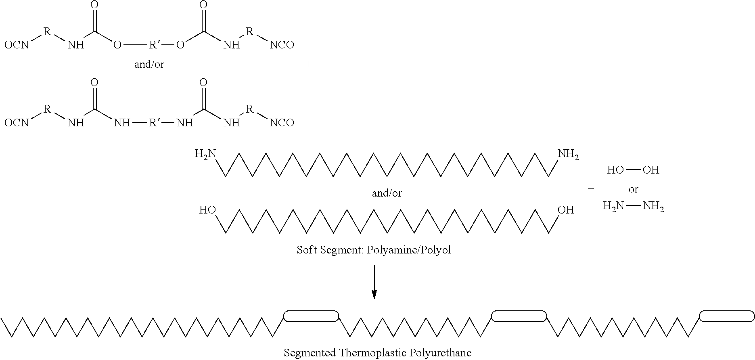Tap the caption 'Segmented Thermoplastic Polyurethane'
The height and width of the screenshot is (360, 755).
377,353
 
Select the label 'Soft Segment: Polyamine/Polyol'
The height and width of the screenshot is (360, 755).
374,250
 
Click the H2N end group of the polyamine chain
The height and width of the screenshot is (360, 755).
205,154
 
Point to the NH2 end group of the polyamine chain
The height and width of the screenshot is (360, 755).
568,155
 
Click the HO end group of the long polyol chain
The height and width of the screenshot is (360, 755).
207,210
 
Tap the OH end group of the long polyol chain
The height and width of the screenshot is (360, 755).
566,210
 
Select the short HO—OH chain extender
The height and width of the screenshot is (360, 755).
633,170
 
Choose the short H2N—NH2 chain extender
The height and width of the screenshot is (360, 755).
633,207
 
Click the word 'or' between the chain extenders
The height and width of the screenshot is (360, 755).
633,189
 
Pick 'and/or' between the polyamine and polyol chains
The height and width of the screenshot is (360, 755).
387,193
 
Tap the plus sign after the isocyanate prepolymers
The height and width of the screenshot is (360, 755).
309,64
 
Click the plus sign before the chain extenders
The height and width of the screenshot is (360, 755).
591,188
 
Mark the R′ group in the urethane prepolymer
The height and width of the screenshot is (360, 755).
155,44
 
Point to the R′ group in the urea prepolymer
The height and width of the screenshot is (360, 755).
155,122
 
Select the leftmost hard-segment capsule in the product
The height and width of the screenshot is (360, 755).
311,316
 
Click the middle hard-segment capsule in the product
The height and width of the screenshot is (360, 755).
519,316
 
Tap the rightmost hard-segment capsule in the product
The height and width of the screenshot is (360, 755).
726,316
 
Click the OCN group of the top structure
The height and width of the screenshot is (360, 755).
17,45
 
